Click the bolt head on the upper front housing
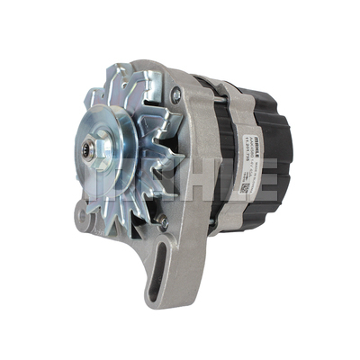177,92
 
